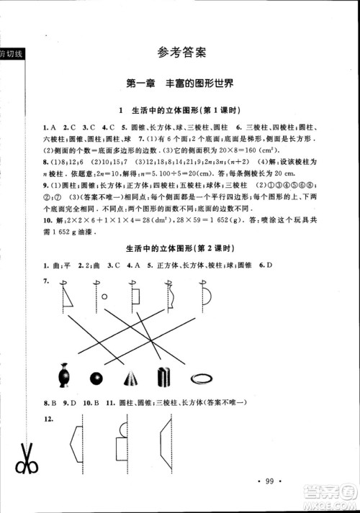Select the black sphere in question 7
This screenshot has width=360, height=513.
point(96,378)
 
